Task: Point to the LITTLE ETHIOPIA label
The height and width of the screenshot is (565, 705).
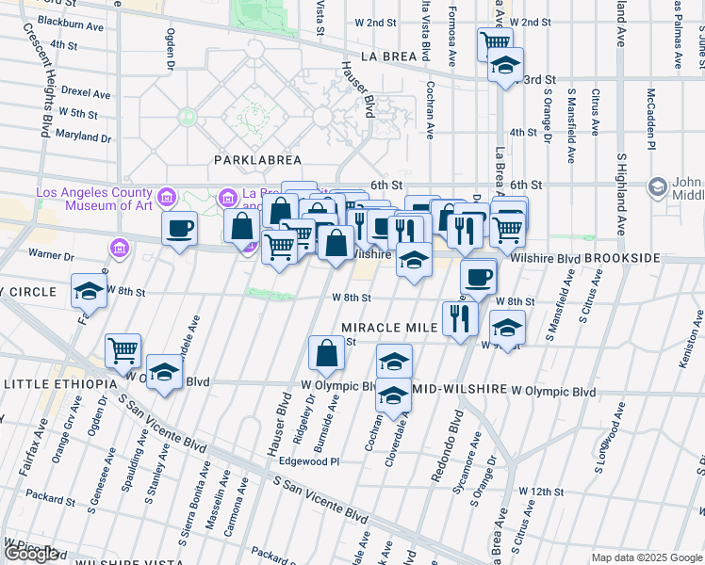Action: pos(59,384)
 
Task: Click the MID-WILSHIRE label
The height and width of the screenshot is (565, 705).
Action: pos(460,390)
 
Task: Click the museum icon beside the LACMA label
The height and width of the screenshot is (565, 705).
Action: pos(167,198)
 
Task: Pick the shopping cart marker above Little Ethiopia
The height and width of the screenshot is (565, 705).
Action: pos(123,351)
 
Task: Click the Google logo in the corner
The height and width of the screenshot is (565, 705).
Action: pos(31,554)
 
